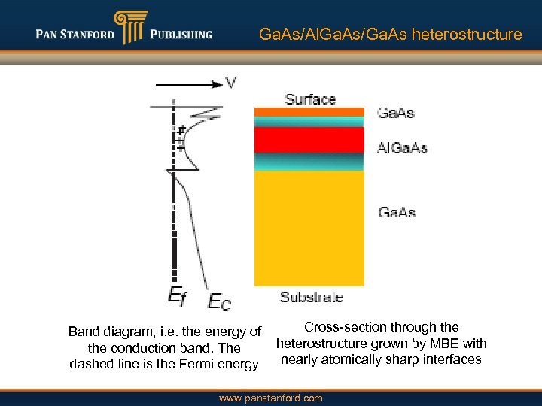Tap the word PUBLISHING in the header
tap(181, 35)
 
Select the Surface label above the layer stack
tap(310, 99)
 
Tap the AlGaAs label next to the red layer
tap(402, 147)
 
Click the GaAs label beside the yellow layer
tap(397, 212)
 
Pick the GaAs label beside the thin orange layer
tap(395, 113)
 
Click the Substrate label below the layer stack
tap(312, 297)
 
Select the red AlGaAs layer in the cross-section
tap(309, 140)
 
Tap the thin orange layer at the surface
tap(309, 112)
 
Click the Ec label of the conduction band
tap(219, 301)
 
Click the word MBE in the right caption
tap(438, 344)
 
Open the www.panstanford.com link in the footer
tap(270, 398)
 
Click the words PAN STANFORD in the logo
tap(75, 35)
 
